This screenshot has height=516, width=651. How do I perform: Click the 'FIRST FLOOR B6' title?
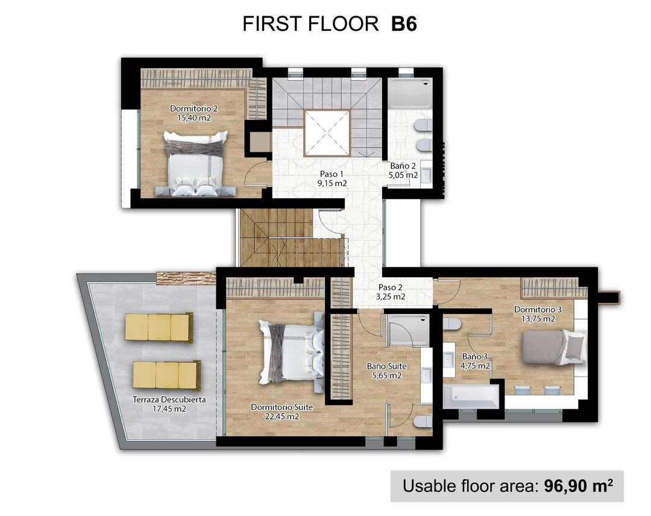click(330, 24)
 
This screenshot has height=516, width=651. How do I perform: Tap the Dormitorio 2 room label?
click(193, 113)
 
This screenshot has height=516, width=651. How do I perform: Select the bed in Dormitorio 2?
click(196, 164)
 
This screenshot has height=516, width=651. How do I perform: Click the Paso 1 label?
click(333, 178)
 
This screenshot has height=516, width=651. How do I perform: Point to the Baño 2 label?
click(403, 171)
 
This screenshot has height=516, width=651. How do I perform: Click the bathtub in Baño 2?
click(409, 94)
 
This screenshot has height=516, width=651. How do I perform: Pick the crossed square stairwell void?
click(326, 133)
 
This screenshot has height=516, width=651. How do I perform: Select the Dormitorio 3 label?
click(538, 314)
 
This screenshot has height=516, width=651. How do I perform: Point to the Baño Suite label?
click(386, 370)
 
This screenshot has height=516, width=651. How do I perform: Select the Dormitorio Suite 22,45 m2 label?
click(275, 412)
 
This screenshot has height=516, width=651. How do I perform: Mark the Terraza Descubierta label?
click(169, 404)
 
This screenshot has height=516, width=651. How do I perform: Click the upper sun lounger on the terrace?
click(159, 327)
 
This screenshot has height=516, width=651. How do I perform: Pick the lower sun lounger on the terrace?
click(166, 375)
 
